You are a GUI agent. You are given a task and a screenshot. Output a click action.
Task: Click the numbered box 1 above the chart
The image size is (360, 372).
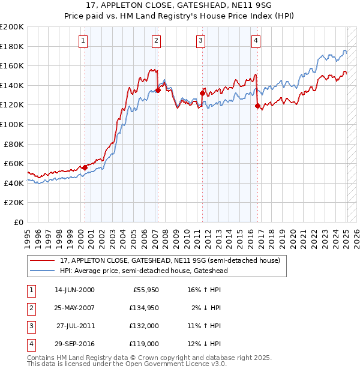tap(82, 41)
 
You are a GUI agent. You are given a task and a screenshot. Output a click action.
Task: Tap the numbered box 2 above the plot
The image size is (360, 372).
tap(155, 41)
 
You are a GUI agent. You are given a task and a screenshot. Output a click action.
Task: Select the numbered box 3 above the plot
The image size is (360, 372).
tap(200, 41)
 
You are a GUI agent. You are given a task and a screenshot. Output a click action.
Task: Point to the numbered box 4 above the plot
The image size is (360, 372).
tap(256, 41)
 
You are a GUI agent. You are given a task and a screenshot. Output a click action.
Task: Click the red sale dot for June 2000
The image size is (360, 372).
tap(85, 167)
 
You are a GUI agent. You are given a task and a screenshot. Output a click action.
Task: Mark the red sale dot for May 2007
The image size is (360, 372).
tap(158, 90)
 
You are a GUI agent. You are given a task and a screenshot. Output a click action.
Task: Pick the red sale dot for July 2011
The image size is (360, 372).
tap(202, 93)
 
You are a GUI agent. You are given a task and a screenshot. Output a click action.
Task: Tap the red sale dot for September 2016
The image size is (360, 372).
tap(257, 106)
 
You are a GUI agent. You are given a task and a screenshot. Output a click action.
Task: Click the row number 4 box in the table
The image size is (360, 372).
tap(31, 344)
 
